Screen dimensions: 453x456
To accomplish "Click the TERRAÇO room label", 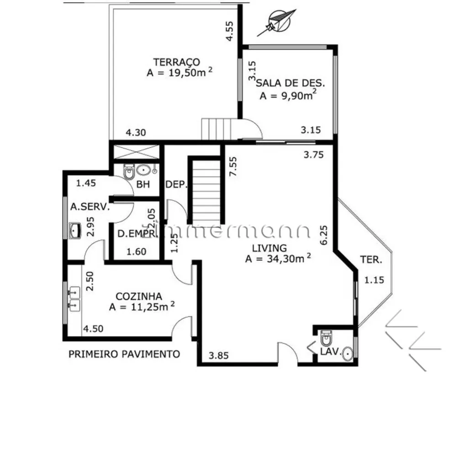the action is pyautogui.click(x=177, y=62).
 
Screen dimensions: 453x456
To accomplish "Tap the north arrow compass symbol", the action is pyautogui.click(x=278, y=21).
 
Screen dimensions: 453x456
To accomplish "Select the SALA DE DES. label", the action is pyautogui.click(x=290, y=83).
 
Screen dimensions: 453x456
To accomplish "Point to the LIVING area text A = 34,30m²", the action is pyautogui.click(x=278, y=259).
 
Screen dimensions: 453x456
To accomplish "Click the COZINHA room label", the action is pyautogui.click(x=139, y=296).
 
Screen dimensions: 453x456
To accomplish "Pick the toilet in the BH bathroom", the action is pyautogui.click(x=128, y=172).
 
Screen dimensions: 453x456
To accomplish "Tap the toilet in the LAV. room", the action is pyautogui.click(x=326, y=337).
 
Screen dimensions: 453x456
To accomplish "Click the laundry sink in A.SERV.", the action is pyautogui.click(x=74, y=231).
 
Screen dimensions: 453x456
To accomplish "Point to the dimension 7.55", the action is pyautogui.click(x=233, y=166).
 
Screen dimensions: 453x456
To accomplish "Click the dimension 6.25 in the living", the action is pyautogui.click(x=323, y=235).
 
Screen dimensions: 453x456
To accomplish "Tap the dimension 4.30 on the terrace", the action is pyautogui.click(x=136, y=133).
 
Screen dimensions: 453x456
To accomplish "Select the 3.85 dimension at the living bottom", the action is pyautogui.click(x=218, y=355).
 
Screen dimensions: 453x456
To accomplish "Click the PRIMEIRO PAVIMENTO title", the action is pyautogui.click(x=124, y=354).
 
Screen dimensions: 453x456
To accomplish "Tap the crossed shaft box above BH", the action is pyautogui.click(x=136, y=152).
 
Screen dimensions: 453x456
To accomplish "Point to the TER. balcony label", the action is pyautogui.click(x=371, y=259).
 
